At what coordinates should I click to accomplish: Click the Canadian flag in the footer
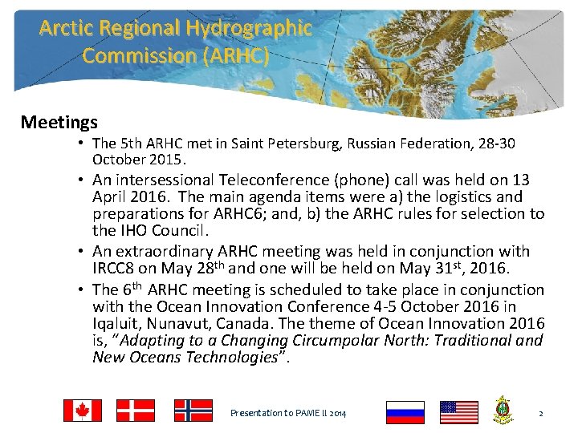point(83,411)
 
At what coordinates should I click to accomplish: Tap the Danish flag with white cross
point(136,411)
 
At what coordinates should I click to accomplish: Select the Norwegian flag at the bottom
point(193,411)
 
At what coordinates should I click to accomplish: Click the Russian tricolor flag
point(405,412)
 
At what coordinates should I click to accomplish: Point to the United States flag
point(459,412)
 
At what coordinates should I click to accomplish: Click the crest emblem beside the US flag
point(503,410)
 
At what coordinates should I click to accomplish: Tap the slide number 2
point(541,413)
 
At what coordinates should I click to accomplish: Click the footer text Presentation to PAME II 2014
point(288,413)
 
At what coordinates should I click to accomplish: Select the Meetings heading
point(59,123)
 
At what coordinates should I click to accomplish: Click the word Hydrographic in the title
point(249,29)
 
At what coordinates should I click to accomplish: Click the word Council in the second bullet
point(180,231)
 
